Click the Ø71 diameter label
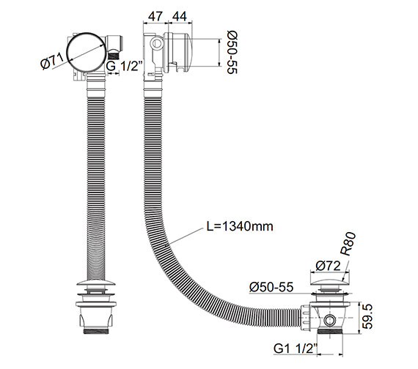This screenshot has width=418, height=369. [x=52, y=61]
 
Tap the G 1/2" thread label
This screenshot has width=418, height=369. [x=124, y=66]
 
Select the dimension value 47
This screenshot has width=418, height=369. [x=155, y=17]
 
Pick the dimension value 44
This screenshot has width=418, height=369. [x=180, y=17]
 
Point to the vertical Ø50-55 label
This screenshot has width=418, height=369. [x=232, y=52]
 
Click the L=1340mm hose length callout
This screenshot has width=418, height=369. [x=240, y=226]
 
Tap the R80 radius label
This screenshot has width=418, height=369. [x=348, y=244]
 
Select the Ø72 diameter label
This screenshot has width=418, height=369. [x=328, y=266]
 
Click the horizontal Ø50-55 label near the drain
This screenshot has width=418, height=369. [x=271, y=287]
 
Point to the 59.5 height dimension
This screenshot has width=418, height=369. [x=368, y=316]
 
